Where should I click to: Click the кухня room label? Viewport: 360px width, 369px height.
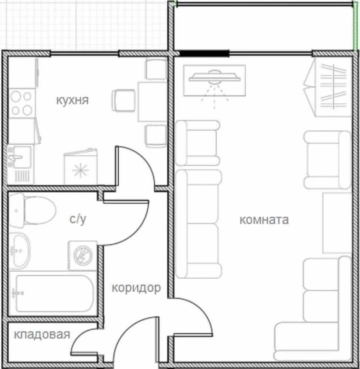point(72,100)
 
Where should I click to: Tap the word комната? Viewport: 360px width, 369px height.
point(264,220)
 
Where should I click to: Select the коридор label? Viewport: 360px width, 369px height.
point(136,288)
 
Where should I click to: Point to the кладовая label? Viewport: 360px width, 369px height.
point(42,335)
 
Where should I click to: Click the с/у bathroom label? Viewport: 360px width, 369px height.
point(78,219)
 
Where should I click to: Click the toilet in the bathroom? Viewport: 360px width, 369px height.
point(32,210)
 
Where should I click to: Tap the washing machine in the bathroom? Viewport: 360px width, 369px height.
point(82,255)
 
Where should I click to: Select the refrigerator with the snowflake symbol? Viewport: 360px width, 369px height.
point(81,167)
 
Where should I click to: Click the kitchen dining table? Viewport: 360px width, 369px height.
point(152,101)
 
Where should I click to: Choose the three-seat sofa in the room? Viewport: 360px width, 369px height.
point(199,224)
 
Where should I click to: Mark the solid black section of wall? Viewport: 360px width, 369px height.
point(204,54)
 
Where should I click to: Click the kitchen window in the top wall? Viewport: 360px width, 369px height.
point(84,54)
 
